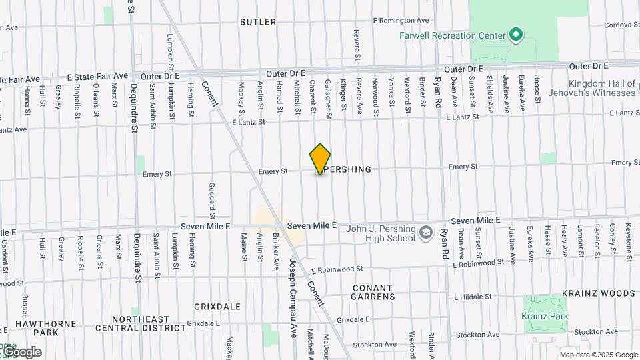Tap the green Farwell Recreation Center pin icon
pyautogui.click(x=515, y=35)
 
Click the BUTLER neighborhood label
pyautogui.click(x=258, y=22)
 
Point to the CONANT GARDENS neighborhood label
pyautogui.click(x=373, y=291)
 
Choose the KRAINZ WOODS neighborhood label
pyautogui.click(x=598, y=293)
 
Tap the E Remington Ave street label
pyautogui.click(x=401, y=21)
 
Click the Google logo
pyautogui.click(x=21, y=352)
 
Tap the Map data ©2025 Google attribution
pyautogui.click(x=599, y=355)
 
